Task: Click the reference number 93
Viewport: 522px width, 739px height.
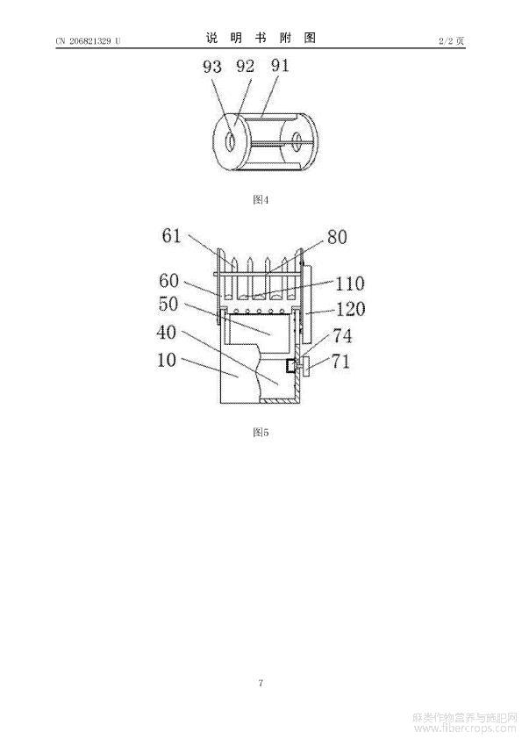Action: click(212, 67)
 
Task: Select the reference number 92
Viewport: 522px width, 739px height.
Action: click(245, 66)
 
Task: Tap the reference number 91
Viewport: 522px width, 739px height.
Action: click(280, 65)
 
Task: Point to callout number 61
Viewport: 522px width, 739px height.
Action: click(171, 235)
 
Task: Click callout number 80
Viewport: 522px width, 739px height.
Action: click(337, 237)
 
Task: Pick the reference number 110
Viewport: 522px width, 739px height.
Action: click(349, 283)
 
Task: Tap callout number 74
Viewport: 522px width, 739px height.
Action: click(342, 336)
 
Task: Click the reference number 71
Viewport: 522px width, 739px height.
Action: click(340, 362)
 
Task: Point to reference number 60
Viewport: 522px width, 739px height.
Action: click(169, 281)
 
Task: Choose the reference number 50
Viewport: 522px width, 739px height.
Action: click(168, 304)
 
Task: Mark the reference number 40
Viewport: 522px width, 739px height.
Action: click(167, 333)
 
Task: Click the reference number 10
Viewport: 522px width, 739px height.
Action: click(167, 360)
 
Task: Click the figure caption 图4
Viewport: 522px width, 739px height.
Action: click(261, 200)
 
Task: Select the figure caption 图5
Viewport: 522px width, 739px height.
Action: click(261, 432)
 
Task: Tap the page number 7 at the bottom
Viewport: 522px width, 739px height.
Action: click(261, 683)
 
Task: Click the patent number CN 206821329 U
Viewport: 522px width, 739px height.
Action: click(88, 41)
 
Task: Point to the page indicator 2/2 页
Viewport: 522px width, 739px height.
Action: click(451, 41)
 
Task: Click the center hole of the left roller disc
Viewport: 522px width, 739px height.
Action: click(231, 142)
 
